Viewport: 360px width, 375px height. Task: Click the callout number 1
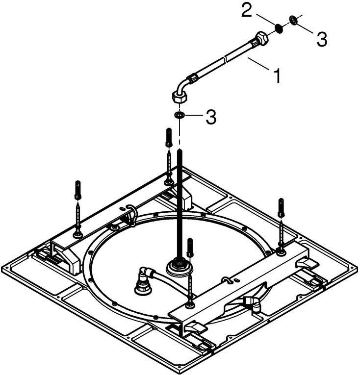point(277,75)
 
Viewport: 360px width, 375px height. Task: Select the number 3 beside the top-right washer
point(322,40)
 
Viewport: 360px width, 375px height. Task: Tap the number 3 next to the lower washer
point(211,117)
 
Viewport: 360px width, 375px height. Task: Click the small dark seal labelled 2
point(279,29)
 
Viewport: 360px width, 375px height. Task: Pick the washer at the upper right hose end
point(293,20)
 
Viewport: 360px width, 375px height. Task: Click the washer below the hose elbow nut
point(179,115)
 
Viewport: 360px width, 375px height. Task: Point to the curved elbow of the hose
point(183,84)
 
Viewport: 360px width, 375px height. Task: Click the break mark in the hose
point(226,58)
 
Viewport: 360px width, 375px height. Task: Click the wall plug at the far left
point(77,190)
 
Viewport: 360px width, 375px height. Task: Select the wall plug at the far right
point(281,207)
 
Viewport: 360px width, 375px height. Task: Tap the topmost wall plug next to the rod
point(169,138)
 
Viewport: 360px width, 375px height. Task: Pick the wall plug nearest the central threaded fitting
point(190,248)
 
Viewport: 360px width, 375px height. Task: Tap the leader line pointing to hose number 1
point(260,64)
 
